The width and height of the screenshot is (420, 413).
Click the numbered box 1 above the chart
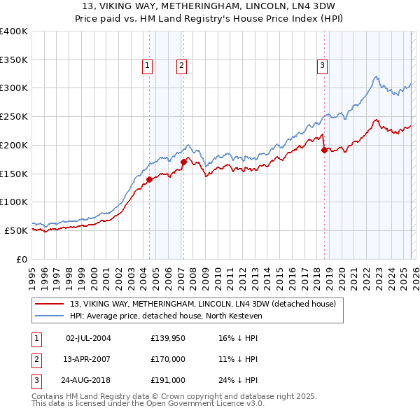tap(148, 66)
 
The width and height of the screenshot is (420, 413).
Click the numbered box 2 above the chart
tap(181, 66)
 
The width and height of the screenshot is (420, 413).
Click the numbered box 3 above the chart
tap(323, 66)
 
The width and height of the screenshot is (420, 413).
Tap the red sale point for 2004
tap(149, 179)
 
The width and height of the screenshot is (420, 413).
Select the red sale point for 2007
tap(183, 162)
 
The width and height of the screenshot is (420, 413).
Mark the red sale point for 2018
tap(324, 150)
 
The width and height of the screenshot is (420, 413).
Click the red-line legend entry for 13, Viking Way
tap(203, 304)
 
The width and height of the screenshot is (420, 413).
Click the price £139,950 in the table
tap(168, 338)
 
